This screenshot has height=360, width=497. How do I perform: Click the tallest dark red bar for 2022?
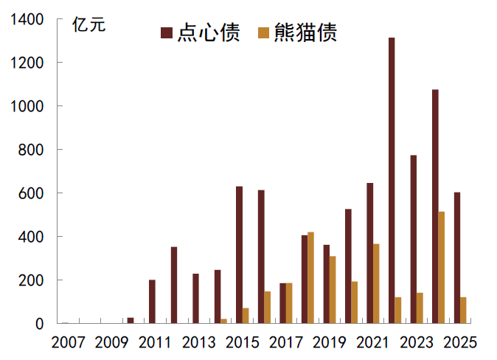point(392,181)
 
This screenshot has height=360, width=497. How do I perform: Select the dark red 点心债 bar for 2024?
point(435,207)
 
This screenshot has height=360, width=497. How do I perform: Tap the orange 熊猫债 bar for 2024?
point(442,268)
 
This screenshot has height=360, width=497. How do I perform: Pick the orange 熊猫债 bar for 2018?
point(311,278)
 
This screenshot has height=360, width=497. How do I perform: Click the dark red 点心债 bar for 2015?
point(239,255)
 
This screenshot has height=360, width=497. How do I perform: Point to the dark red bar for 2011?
point(152,302)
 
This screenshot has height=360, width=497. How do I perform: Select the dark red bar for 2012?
point(174,285)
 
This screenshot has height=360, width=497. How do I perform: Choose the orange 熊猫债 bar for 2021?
point(376,284)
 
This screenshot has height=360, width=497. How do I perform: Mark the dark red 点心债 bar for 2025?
point(457,258)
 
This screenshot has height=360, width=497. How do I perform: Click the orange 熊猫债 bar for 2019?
point(333,290)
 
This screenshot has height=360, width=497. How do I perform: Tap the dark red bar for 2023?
point(414,240)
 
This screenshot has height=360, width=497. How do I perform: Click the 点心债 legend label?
point(209,32)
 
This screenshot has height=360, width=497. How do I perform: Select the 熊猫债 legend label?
point(305,32)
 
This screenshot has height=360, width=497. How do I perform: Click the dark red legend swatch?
point(166,32)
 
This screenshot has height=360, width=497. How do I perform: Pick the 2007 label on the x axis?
point(69,342)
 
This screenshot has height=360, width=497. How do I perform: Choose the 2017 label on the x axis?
point(286,342)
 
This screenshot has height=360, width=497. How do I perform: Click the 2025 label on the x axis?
point(460,342)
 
